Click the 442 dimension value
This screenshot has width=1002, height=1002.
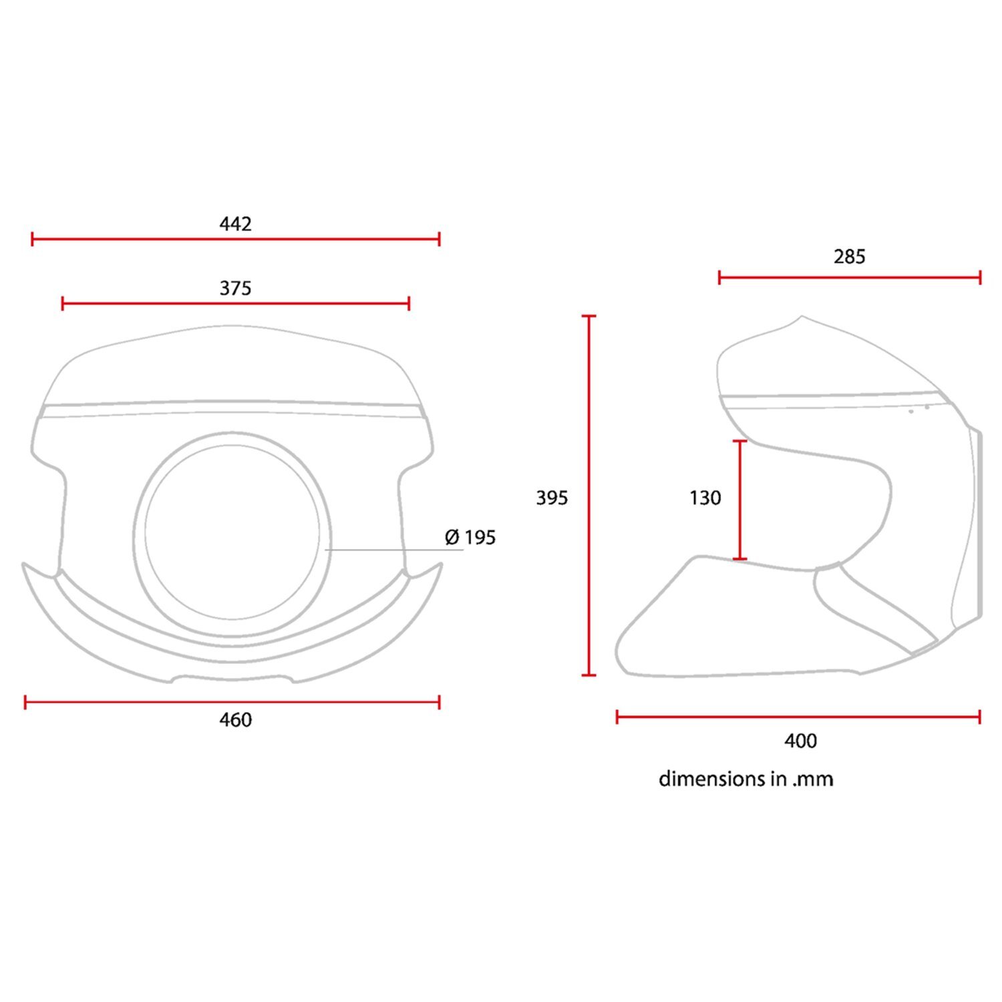click(235, 224)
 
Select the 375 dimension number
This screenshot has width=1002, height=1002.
click(235, 288)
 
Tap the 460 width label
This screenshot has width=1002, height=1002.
click(235, 719)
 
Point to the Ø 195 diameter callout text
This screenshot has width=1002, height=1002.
click(470, 537)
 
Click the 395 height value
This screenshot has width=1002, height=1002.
click(552, 498)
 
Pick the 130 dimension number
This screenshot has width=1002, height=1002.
click(705, 498)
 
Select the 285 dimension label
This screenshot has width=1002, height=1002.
click(850, 257)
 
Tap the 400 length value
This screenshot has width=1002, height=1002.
click(800, 741)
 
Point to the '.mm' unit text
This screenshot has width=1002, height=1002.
click(813, 780)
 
